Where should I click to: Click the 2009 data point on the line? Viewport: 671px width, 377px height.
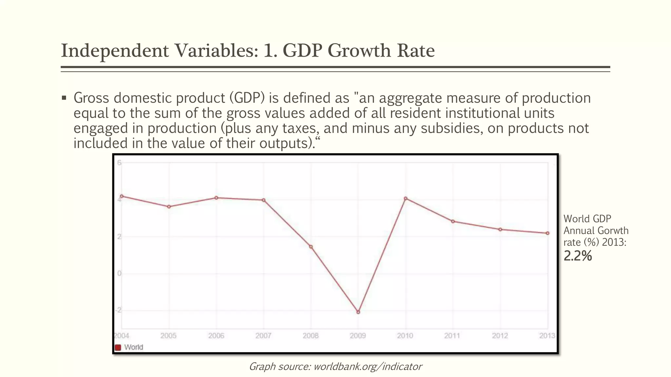(x=358, y=312)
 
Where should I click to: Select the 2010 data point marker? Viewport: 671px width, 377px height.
(x=406, y=198)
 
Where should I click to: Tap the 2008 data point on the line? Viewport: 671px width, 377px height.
(x=311, y=247)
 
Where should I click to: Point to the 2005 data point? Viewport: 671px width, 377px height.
(x=169, y=207)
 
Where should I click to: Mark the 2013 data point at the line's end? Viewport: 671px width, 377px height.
(x=547, y=233)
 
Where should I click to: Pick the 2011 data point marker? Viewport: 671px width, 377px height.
(x=453, y=222)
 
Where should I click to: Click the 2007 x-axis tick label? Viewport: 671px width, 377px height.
(x=263, y=336)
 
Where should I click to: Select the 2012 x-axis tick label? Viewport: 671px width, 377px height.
(x=500, y=336)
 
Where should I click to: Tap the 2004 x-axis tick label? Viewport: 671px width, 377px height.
(x=122, y=336)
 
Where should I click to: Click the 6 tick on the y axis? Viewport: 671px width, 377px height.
(x=119, y=163)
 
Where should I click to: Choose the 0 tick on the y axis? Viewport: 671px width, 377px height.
(x=119, y=273)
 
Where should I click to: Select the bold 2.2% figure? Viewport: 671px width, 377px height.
(x=578, y=256)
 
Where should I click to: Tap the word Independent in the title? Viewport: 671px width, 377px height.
(x=115, y=51)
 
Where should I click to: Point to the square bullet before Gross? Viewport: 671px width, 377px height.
(x=64, y=98)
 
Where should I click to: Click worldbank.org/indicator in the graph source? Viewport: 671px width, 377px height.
(x=368, y=367)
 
